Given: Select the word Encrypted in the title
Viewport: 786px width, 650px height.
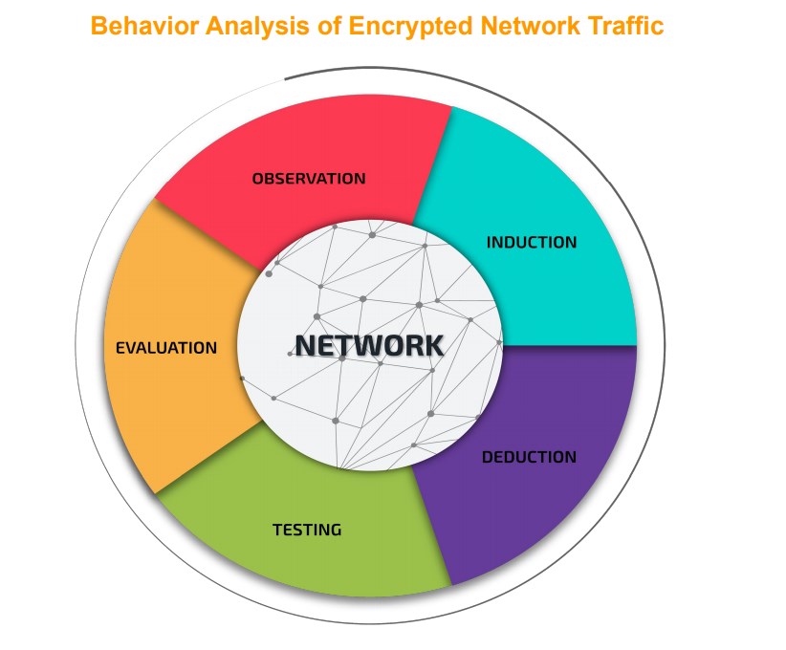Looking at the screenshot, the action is pos(410,27).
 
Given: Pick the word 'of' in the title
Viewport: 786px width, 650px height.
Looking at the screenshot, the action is pos(329,26).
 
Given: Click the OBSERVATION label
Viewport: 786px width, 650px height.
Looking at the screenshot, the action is pos(309,179).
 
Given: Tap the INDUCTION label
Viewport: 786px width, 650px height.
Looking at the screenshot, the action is pos(532,243).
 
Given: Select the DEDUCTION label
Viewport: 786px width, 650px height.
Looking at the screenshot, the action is pos(529,457).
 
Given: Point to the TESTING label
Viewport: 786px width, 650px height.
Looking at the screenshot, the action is pos(307,530).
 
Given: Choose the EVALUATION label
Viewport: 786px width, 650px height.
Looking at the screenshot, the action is pos(166,348).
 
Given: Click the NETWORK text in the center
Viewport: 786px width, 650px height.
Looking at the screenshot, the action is pos(369,346).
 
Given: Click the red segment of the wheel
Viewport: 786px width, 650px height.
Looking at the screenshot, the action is pos(306,150).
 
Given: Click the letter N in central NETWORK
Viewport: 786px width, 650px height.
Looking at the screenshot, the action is pos(306,346).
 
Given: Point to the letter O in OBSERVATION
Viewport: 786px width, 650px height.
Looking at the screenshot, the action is pos(257,179).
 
